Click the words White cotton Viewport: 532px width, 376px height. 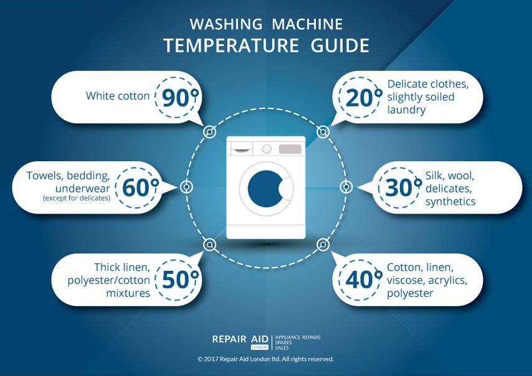118,96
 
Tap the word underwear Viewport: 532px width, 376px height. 83,189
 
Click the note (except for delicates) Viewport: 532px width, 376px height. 77,198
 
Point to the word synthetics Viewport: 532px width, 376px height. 450,202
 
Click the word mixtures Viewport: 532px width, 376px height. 128,293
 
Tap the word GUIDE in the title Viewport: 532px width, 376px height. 340,46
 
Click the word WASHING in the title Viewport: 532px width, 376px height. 226,24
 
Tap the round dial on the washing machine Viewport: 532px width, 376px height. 267,149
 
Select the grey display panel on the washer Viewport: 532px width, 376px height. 290,149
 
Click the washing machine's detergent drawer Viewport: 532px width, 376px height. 241,149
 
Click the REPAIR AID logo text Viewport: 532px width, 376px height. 240,339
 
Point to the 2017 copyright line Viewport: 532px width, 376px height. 266,359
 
